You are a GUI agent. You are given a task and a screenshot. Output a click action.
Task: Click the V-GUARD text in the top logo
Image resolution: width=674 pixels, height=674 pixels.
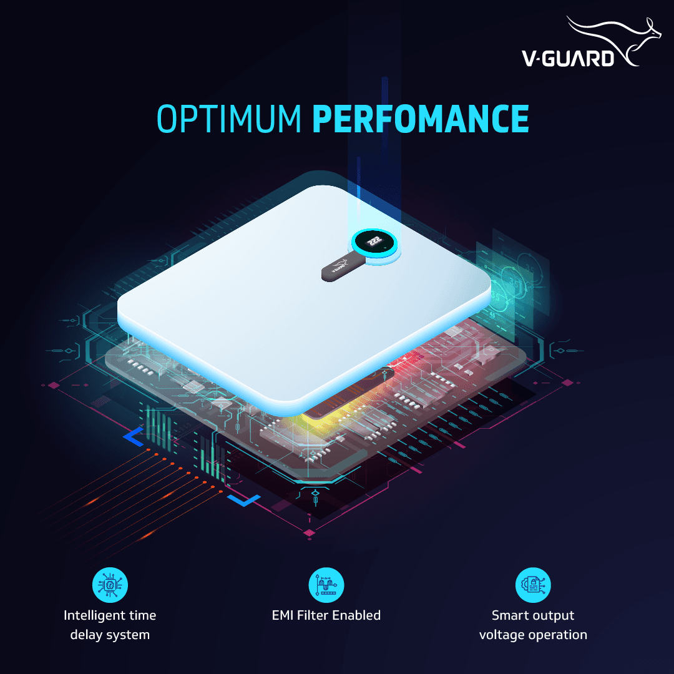[567, 58]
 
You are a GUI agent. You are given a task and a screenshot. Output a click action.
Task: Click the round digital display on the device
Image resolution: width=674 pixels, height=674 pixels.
[374, 243]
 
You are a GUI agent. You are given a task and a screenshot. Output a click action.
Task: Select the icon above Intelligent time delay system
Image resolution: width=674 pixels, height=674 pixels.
[110, 585]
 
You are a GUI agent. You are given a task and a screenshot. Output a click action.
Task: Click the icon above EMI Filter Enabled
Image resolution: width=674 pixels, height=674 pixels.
[326, 585]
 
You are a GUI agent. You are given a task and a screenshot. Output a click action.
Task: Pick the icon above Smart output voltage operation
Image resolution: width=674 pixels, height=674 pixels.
[533, 585]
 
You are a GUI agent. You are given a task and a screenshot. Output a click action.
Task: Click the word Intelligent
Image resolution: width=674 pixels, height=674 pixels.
[92, 615]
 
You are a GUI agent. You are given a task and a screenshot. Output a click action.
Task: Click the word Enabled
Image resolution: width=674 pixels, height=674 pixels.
[356, 615]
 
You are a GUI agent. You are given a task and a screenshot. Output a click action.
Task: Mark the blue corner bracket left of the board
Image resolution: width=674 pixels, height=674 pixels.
[133, 437]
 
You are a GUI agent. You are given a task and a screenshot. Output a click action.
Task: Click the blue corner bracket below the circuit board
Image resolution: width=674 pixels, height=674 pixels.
[244, 500]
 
